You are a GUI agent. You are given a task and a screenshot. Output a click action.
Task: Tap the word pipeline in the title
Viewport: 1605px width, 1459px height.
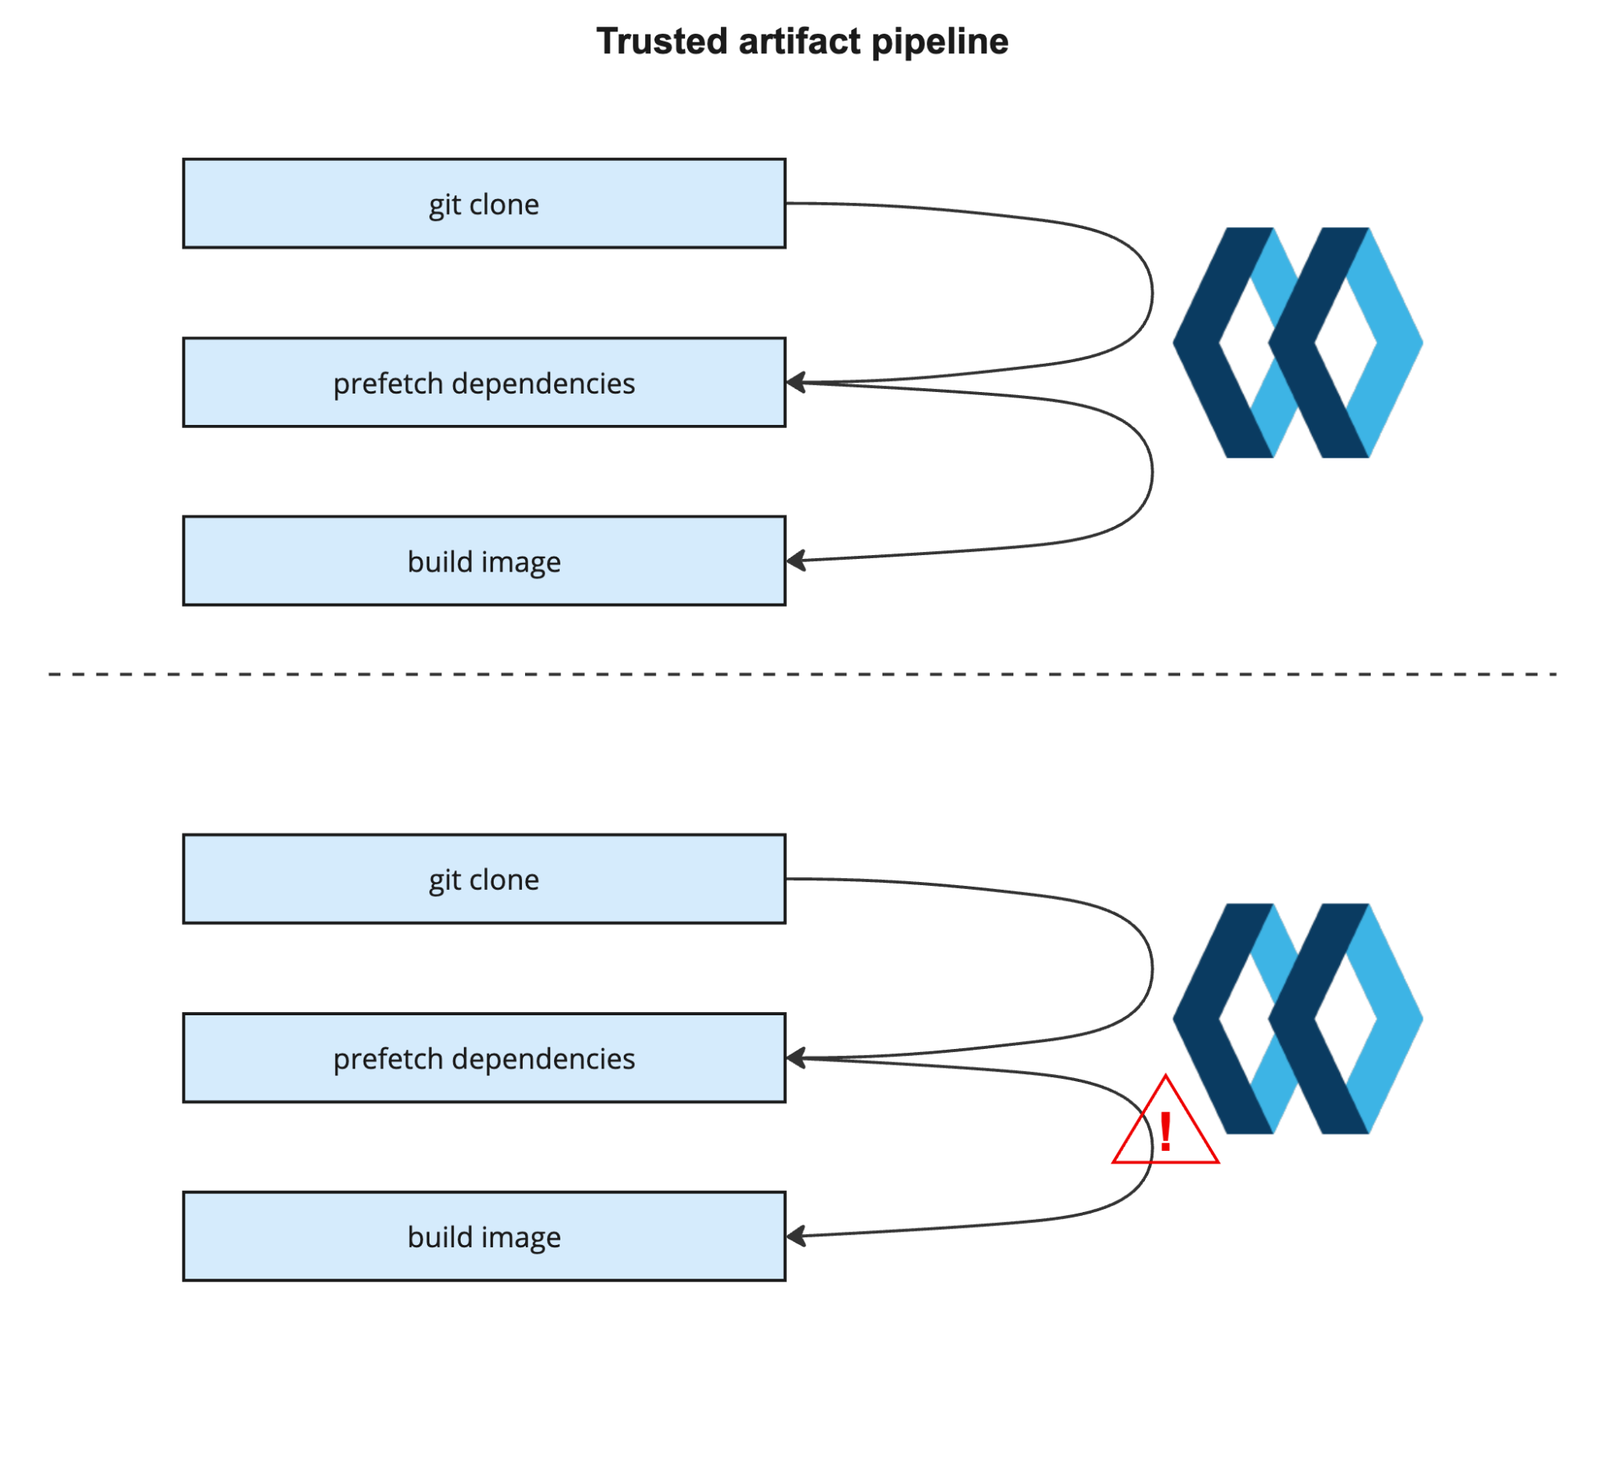(940, 42)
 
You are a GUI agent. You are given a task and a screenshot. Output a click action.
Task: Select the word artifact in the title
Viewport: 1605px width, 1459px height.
(799, 42)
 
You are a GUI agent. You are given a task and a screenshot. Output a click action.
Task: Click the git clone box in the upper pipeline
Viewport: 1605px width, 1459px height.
(484, 204)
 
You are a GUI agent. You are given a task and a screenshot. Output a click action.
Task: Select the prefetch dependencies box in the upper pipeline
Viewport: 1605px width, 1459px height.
(484, 383)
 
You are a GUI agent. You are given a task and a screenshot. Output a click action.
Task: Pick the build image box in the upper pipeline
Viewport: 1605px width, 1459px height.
(484, 561)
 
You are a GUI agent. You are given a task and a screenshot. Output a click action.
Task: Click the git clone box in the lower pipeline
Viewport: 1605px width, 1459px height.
(484, 879)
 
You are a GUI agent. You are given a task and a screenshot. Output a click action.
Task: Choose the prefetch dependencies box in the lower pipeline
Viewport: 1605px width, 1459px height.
(484, 1058)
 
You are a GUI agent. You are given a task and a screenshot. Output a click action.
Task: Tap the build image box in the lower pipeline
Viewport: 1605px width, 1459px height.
(484, 1237)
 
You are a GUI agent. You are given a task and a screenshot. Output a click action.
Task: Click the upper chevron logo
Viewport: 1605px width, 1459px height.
(1297, 343)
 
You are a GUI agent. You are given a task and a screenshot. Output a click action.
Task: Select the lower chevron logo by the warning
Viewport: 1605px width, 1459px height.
(1297, 1018)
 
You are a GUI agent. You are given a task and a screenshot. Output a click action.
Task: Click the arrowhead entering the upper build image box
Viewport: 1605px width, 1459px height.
(795, 561)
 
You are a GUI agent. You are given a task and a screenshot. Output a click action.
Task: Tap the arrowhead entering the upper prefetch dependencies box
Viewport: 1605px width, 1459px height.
(795, 383)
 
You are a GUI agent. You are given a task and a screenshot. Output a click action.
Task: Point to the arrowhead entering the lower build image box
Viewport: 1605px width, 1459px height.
(795, 1236)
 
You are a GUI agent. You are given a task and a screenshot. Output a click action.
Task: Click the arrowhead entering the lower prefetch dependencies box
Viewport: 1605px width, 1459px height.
(795, 1058)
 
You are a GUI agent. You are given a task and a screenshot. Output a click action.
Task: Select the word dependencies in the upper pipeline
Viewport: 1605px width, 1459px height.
(543, 384)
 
